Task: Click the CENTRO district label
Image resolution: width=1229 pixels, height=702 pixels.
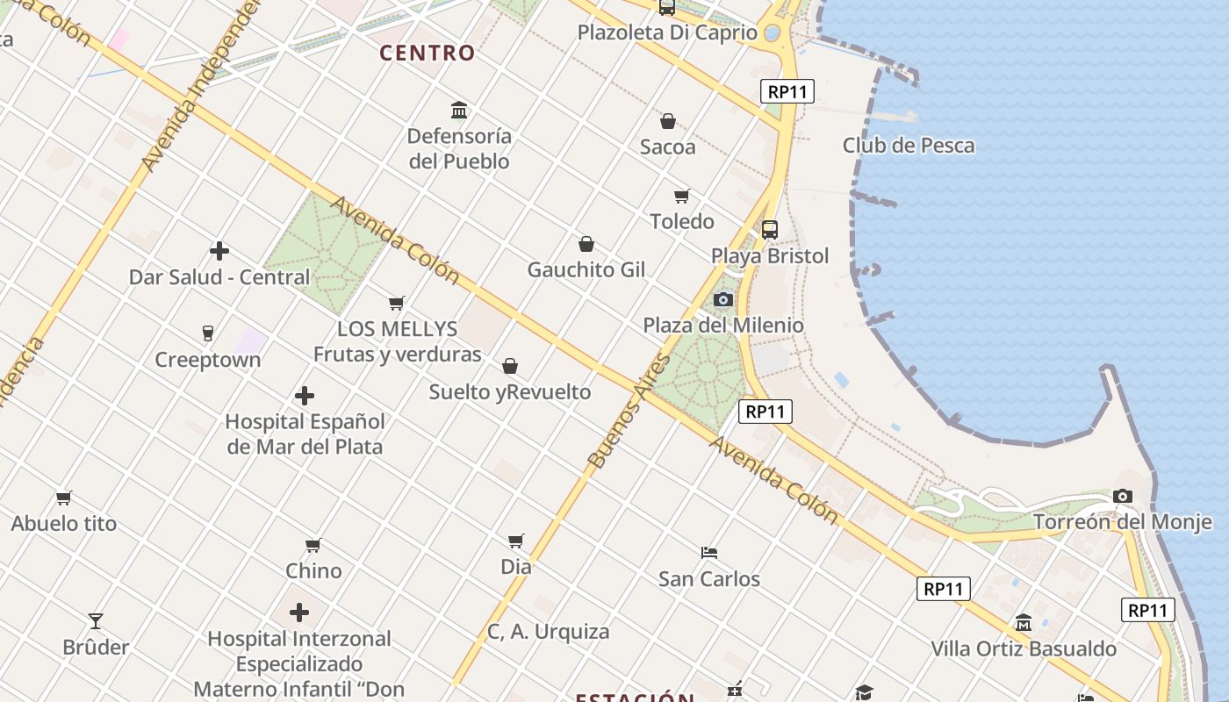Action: point(427,54)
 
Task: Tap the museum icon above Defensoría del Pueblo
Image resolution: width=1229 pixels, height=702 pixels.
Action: point(459,111)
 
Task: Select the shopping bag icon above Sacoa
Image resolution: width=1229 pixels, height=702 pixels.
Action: point(668,121)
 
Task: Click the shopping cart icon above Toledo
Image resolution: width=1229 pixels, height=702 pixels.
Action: point(682,196)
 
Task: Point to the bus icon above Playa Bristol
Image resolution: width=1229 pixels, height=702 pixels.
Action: point(770,230)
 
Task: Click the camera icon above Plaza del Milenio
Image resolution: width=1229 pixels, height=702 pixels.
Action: point(723,299)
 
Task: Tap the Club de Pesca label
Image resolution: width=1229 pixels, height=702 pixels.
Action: point(909,146)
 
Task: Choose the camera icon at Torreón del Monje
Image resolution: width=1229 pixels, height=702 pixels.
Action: point(1123,497)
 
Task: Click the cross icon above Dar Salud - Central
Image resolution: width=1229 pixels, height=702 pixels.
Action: point(219,252)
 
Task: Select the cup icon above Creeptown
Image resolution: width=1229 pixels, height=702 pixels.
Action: point(207,333)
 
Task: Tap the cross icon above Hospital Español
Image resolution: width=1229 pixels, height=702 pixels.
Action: point(305,396)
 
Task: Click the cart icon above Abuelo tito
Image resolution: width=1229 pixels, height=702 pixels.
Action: point(64,498)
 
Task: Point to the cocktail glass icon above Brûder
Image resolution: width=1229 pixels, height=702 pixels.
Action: point(96,621)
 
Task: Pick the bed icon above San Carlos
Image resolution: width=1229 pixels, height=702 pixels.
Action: point(709,553)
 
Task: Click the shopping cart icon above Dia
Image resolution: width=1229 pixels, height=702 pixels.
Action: point(516,541)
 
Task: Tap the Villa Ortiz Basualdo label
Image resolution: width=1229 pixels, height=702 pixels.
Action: point(1024,649)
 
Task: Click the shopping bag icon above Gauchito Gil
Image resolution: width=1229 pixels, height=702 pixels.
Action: point(586,244)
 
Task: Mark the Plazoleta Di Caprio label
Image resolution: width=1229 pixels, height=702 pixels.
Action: point(667,33)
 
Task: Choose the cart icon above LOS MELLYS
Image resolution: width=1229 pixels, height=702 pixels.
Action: point(397,303)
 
